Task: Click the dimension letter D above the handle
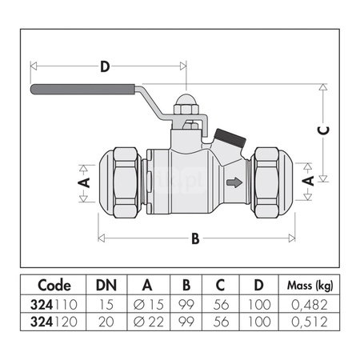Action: [x=105, y=66]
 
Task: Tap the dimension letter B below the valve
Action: [x=195, y=238]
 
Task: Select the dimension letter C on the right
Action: [x=323, y=130]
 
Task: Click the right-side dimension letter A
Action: [x=308, y=181]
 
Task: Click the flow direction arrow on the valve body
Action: [x=234, y=182]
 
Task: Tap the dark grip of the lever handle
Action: [x=83, y=89]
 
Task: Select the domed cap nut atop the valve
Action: [x=186, y=104]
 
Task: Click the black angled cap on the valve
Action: [x=230, y=138]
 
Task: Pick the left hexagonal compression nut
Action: [x=126, y=182]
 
